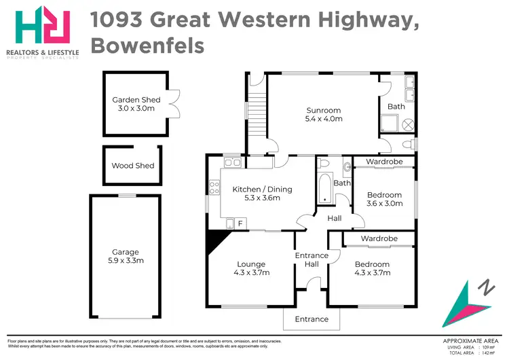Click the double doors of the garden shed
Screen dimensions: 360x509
pos(175,104)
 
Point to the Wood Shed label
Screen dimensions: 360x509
pos(133,165)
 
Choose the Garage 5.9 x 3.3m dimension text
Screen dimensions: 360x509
pos(126,260)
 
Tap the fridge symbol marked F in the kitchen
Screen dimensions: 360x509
pos(240,223)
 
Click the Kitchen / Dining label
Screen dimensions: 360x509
pos(262,189)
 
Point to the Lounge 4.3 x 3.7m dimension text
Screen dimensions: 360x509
pos(251,273)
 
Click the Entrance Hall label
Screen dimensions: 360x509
pos(311,260)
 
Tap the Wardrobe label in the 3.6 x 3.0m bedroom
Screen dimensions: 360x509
pos(385,162)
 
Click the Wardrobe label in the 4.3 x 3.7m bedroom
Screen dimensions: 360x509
pos(379,239)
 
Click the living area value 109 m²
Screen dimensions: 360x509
pos(487,347)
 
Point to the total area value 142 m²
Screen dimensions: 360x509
pos(487,353)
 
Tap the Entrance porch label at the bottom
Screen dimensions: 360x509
pos(312,319)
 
